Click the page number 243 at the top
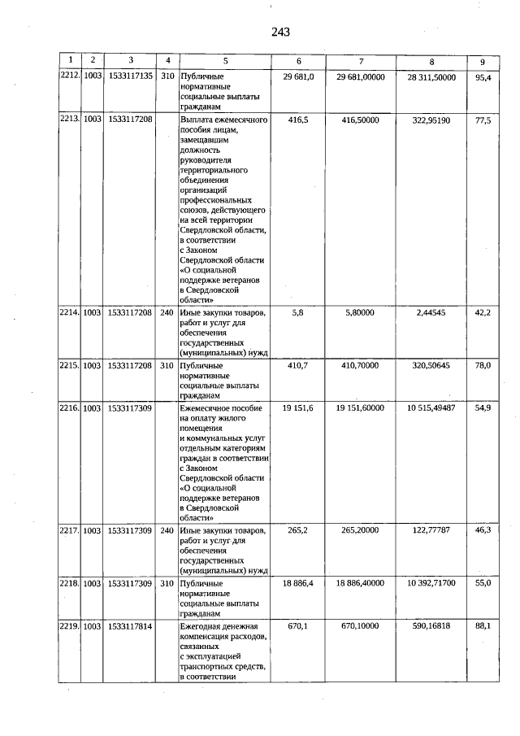coord(281,33)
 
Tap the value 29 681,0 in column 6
coord(298,76)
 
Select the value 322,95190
coord(431,120)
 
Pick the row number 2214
coord(70,312)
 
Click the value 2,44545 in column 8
coord(431,312)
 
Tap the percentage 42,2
coord(483,312)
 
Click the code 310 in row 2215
coord(167,366)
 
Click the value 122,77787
coord(431,530)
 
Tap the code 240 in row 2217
coord(167,531)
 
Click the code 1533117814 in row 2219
coord(130,626)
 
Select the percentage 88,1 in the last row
coord(483,626)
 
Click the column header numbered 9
coord(483,61)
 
